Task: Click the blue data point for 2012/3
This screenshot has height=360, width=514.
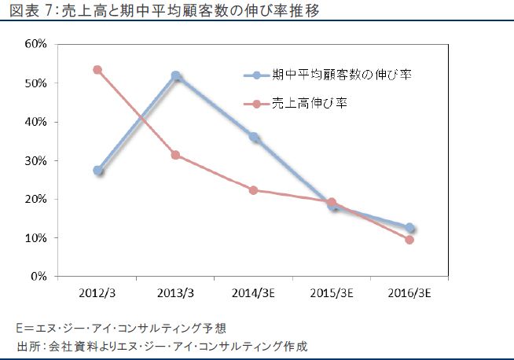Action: pos(98,170)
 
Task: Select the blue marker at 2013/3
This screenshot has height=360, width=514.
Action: pos(176,76)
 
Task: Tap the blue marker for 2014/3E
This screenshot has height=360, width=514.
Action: pos(254,137)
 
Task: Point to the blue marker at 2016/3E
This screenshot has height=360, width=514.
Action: pos(409,228)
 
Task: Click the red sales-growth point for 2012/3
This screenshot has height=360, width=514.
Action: pos(98,69)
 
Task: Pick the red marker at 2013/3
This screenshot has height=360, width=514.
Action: pos(176,155)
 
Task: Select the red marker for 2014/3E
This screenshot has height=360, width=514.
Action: pos(254,190)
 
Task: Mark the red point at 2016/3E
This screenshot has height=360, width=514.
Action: pos(409,240)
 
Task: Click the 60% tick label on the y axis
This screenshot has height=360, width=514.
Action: pos(37,44)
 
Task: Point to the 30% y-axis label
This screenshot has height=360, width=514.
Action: pos(37,160)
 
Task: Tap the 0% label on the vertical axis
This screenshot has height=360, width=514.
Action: pos(39,277)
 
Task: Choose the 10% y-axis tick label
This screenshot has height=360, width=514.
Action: pos(37,238)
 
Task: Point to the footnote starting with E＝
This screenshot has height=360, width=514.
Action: pos(126,328)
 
